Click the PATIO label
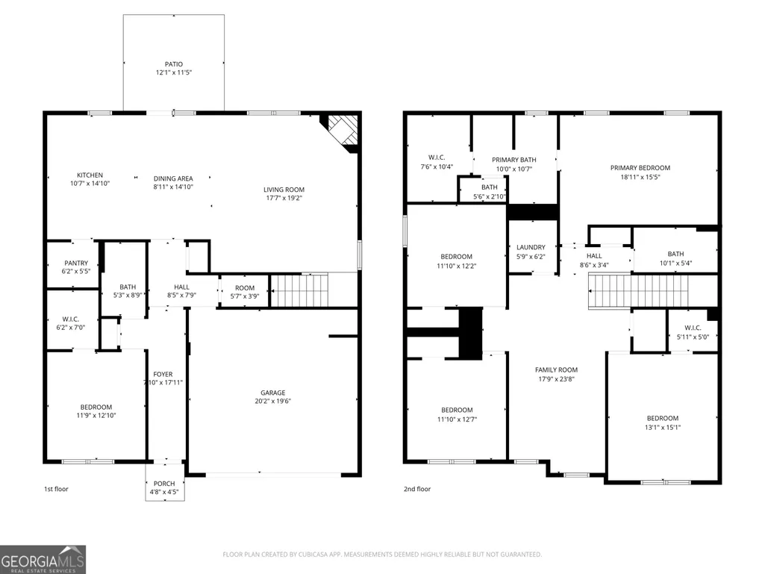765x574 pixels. [x=174, y=64]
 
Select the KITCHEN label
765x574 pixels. [x=90, y=175]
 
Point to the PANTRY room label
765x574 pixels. [x=76, y=263]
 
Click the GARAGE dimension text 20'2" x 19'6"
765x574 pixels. [x=272, y=402]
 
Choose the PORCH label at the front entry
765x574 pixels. [x=164, y=484]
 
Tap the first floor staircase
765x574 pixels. [x=299, y=290]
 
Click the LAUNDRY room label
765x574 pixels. [x=531, y=248]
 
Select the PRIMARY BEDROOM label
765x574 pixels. [x=640, y=168]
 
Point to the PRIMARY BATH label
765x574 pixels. [x=513, y=160]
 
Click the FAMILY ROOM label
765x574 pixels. [x=556, y=370]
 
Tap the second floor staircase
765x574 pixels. [x=639, y=291]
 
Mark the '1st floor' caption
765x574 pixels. [x=56, y=489]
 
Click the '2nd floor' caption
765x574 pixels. [x=417, y=489]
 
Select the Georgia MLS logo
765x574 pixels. [x=43, y=560]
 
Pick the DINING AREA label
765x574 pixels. [x=173, y=178]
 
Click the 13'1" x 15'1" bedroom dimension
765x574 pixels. [x=663, y=427]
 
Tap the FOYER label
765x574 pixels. [x=163, y=375]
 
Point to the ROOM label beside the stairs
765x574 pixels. [x=245, y=288]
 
